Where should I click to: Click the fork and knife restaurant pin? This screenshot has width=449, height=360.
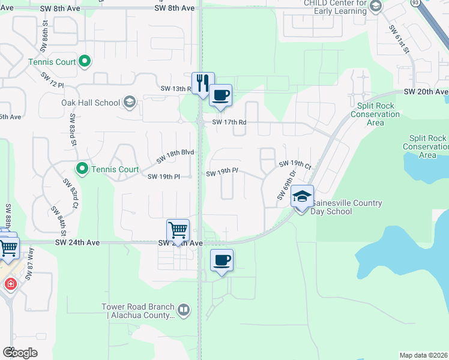(203, 83)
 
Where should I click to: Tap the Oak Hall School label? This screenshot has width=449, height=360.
(91, 103)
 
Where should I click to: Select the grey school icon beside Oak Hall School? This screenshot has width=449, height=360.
(129, 102)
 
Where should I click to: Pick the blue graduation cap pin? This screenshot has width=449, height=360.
(303, 196)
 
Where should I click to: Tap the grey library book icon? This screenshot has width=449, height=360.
(184, 310)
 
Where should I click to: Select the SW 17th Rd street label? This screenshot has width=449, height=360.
(229, 122)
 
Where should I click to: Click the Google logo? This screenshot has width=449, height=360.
(19, 352)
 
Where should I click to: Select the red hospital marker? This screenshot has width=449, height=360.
(10, 284)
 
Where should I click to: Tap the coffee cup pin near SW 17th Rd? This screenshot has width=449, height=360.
(220, 95)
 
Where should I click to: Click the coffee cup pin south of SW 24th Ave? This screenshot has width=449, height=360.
(221, 260)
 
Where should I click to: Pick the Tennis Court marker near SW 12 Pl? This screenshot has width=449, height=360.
(85, 60)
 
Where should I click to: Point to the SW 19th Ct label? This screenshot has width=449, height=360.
(295, 164)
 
